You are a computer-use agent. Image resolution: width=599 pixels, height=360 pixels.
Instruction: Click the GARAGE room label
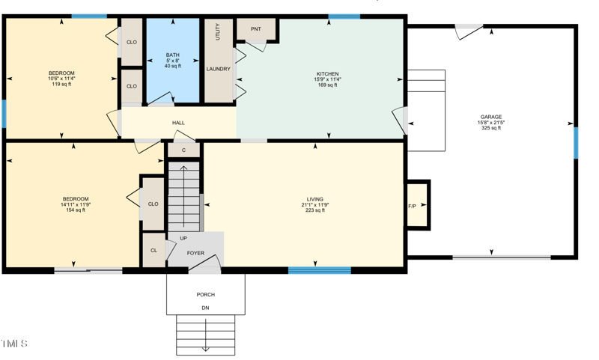coord(490,117)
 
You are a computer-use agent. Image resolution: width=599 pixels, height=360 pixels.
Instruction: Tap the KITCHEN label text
coord(327,74)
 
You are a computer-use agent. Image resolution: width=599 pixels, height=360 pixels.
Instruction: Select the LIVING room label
coord(315,199)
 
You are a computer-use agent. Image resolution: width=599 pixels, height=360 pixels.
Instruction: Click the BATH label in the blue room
coord(173,55)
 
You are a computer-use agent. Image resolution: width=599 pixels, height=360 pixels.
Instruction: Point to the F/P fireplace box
coord(413,205)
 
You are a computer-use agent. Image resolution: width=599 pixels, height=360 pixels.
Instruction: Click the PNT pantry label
coord(256,29)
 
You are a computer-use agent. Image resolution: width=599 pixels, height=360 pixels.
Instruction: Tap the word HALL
coord(178,123)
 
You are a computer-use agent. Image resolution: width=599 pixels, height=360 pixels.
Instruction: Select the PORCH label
coord(205,295)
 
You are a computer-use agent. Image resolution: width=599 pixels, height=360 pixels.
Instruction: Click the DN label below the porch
coord(205,308)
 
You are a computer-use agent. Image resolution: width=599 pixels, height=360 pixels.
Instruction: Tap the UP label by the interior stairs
coord(183,239)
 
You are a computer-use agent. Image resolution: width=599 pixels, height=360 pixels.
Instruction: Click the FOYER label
coord(195,254)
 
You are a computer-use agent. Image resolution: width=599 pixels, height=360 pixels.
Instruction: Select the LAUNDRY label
coord(219,69)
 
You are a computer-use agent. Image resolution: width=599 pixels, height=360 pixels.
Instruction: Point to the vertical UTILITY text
coord(218,31)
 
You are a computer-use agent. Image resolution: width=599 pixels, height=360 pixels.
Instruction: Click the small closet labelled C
coord(183,150)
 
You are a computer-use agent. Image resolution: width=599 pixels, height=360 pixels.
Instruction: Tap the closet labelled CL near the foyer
coord(153,251)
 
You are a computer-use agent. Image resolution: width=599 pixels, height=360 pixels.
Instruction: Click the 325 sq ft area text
coord(490,128)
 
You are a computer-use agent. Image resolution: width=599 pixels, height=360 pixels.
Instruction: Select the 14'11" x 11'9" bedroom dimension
coord(76,204)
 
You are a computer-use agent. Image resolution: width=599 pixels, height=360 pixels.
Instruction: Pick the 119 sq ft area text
coord(61,84)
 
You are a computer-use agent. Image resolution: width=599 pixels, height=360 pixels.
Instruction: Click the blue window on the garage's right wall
coord(576,143)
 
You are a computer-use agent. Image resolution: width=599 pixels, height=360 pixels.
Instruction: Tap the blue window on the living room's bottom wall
coord(320,270)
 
